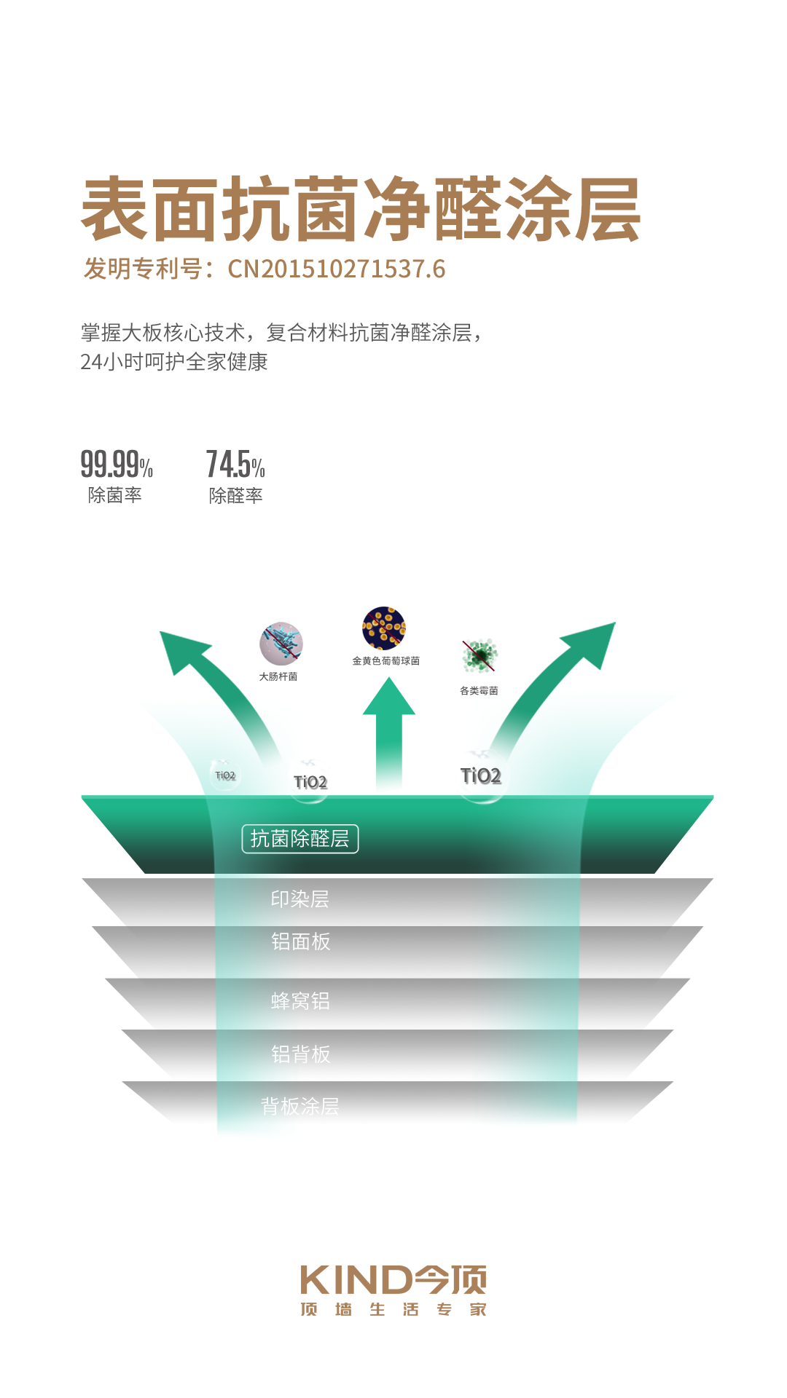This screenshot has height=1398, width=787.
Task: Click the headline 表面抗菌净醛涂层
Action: (x=361, y=209)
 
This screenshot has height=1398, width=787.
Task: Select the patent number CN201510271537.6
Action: (x=337, y=269)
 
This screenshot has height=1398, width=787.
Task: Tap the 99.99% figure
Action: (x=117, y=464)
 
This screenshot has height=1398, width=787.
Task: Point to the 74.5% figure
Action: (x=235, y=464)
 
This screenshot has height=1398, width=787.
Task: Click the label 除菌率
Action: (x=115, y=495)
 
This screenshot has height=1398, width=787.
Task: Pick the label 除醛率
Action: (x=235, y=496)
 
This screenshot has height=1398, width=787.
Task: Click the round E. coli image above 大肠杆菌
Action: (x=281, y=644)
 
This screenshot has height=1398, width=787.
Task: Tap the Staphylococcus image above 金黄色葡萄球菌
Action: (x=384, y=628)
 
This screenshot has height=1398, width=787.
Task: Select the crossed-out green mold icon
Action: (x=479, y=656)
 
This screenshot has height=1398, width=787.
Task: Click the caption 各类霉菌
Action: (x=479, y=691)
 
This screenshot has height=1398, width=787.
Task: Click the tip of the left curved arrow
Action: (x=160, y=631)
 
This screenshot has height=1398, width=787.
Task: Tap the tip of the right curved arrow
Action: (x=616, y=623)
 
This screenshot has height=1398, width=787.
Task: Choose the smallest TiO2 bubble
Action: (x=225, y=775)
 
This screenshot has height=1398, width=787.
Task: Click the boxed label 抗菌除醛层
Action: (x=300, y=839)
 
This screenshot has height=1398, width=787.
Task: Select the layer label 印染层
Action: (x=300, y=899)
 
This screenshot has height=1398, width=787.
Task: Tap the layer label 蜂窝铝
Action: (x=300, y=1001)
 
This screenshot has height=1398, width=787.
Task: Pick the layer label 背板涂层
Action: (x=300, y=1107)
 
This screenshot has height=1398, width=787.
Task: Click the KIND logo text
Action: (x=393, y=1280)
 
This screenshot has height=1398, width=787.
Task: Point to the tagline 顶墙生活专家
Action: (x=393, y=1310)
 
